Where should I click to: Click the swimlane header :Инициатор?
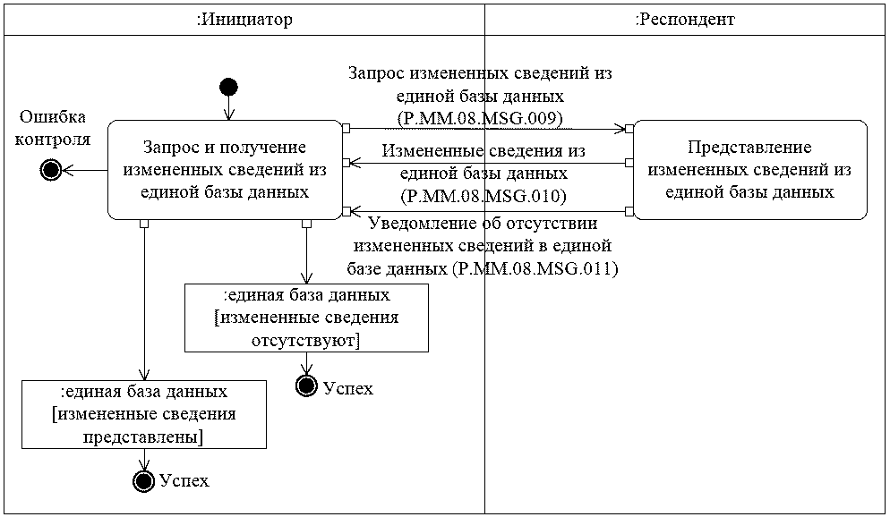(x=244, y=20)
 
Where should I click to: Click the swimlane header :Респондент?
(x=685, y=20)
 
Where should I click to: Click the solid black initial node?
(x=228, y=87)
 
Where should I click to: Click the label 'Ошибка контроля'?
(x=55, y=128)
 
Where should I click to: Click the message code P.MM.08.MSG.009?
(x=484, y=116)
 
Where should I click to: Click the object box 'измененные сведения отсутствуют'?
(x=306, y=318)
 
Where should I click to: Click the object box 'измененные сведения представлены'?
(x=143, y=414)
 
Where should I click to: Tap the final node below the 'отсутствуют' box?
(x=307, y=386)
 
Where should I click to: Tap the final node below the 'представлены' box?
(x=143, y=480)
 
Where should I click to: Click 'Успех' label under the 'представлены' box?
(x=184, y=481)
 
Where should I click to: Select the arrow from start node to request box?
(x=228, y=107)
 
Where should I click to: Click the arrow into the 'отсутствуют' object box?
(x=307, y=255)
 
